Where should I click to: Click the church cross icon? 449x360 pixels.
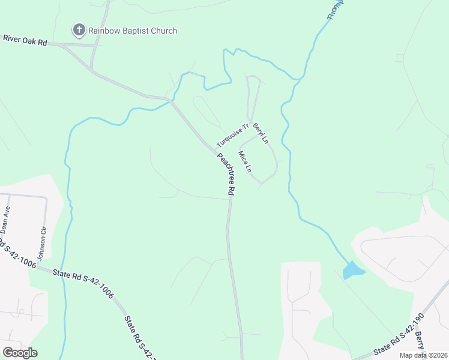click(x=79, y=29)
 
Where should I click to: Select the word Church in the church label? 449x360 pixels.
click(x=163, y=31)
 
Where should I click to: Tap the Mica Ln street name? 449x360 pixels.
click(x=244, y=161)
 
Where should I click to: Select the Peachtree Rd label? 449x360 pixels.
click(x=226, y=175)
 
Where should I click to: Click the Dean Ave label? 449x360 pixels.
click(x=5, y=220)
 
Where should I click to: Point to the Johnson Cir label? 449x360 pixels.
click(x=42, y=243)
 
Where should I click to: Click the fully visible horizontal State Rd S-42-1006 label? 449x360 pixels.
click(x=82, y=282)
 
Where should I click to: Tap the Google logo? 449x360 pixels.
click(x=20, y=352)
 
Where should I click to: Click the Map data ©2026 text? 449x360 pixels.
click(x=423, y=355)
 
